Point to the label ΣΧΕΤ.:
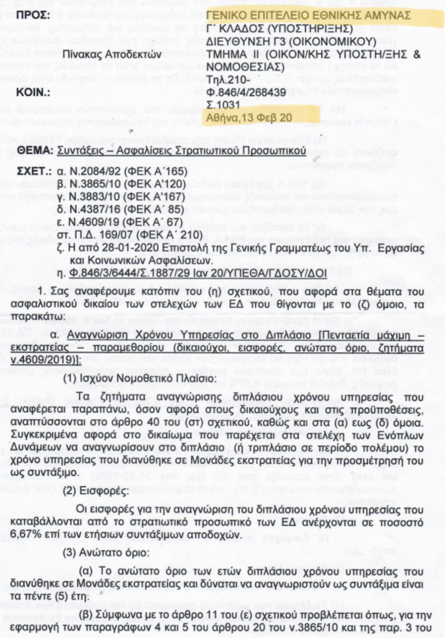35,171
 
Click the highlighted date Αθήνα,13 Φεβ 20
249,118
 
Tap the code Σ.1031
223,105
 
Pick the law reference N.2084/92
92,171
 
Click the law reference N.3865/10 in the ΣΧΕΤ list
92,184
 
